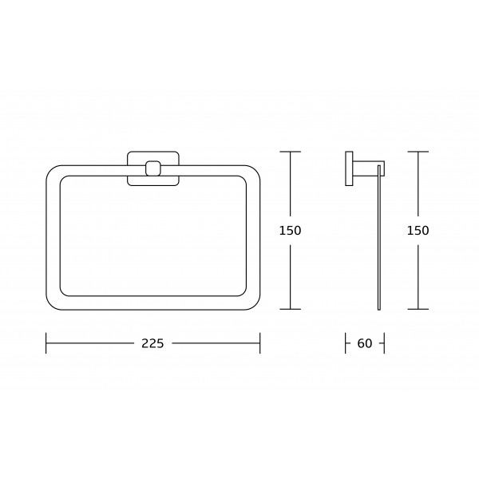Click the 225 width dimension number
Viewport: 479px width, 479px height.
pyautogui.click(x=152, y=343)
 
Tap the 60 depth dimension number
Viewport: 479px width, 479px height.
pyautogui.click(x=365, y=343)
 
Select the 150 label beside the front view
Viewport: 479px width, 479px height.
pyautogui.click(x=291, y=231)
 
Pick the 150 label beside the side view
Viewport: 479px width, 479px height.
pyautogui.click(x=418, y=231)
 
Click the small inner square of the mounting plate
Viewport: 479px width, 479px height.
pyautogui.click(x=153, y=168)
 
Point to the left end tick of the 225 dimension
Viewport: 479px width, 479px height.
pyautogui.click(x=46, y=343)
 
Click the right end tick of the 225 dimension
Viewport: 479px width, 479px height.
pyautogui.click(x=260, y=343)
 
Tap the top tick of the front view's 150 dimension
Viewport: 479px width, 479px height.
pyautogui.click(x=291, y=152)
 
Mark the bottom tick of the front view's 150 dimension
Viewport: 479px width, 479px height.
pyautogui.click(x=291, y=309)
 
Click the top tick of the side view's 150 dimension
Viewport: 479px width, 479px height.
pyautogui.click(x=418, y=152)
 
